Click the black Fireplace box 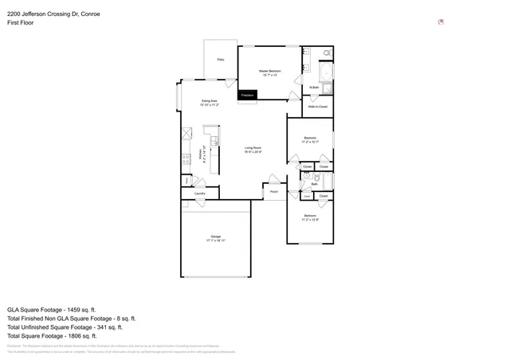click(247, 95)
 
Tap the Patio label click(221, 60)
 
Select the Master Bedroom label click(269, 71)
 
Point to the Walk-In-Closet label click(317, 105)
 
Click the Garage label click(216, 236)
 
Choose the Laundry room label click(200, 193)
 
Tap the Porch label click(273, 191)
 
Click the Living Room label click(253, 147)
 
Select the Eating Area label click(210, 101)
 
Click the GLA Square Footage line click(52, 309)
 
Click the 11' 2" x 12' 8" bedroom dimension click(310, 219)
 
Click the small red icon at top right click(441, 22)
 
